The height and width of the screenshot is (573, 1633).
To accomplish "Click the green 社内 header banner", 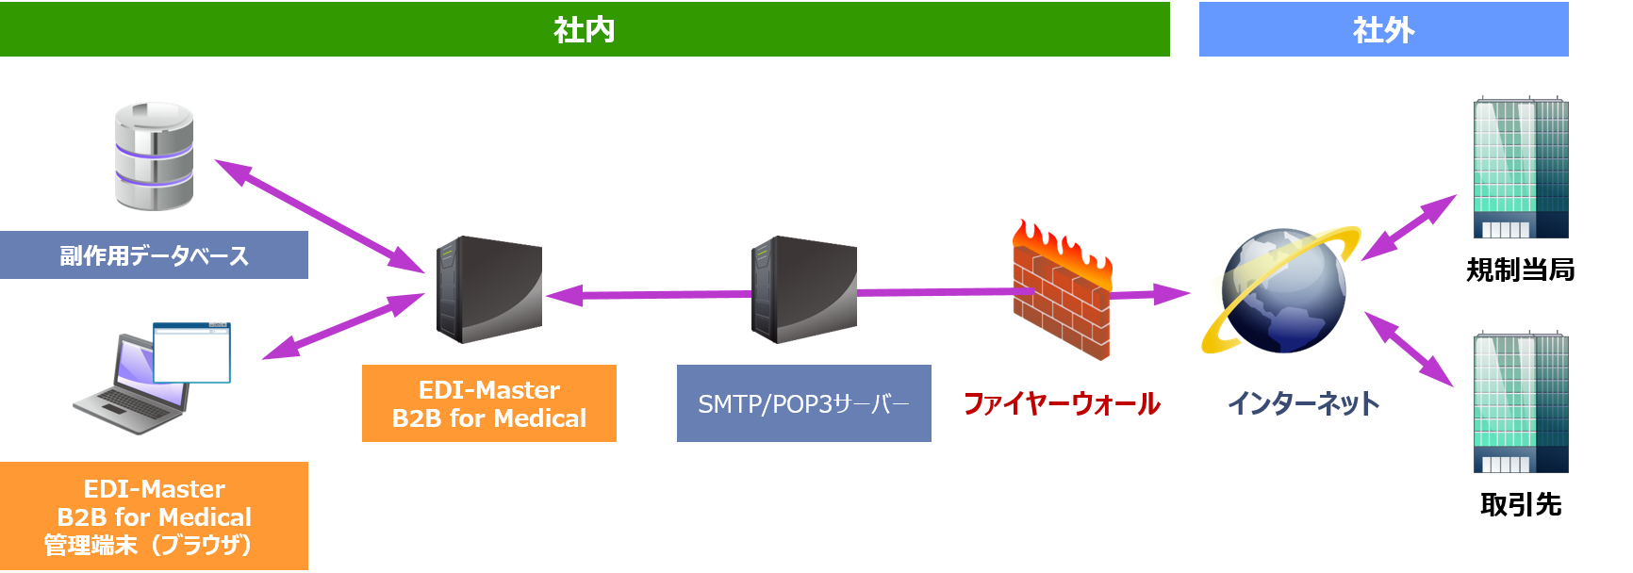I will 585,29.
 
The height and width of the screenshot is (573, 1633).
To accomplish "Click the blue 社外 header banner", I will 1383,29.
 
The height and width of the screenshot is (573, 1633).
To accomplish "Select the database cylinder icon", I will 154,156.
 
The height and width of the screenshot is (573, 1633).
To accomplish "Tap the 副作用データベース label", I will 154,255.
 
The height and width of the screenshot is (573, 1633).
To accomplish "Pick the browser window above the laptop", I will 192,352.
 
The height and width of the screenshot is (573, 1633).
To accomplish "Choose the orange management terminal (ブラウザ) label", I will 154,516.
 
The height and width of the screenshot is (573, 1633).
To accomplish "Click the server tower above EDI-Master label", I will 487,289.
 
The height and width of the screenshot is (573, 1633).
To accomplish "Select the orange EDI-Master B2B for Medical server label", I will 488,403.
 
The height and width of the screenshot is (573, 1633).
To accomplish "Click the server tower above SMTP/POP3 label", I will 803,289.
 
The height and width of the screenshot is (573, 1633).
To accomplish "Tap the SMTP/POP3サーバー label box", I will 803,403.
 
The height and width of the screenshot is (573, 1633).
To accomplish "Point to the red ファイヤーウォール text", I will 1062,404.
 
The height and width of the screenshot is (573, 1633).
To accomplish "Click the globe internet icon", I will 1282,290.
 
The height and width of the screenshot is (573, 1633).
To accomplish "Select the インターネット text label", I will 1303,403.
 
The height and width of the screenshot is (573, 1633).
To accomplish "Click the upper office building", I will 1520,168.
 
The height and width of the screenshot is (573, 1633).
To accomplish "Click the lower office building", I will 1520,402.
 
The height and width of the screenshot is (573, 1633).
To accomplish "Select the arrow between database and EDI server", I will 321,217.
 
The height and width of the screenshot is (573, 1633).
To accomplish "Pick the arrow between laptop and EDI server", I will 344,326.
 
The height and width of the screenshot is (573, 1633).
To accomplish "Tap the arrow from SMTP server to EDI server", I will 651,295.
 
